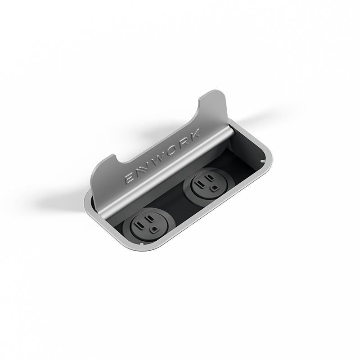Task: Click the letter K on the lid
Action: tap(194, 137)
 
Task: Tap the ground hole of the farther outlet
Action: tap(214, 188)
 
